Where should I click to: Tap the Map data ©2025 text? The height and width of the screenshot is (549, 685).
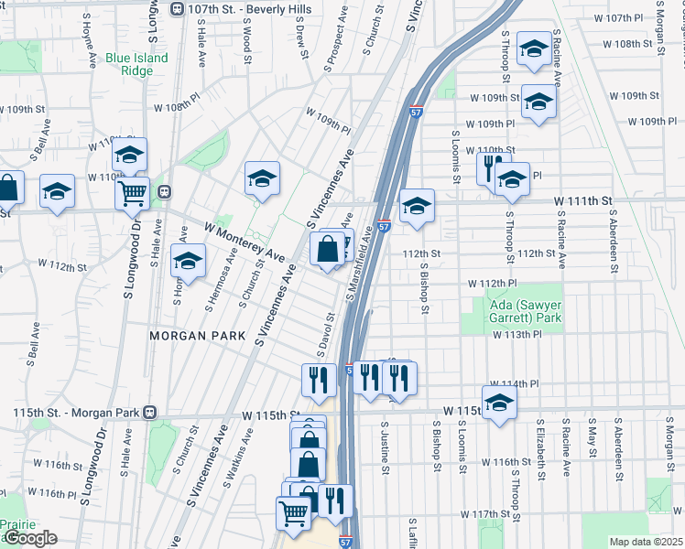tap(646, 542)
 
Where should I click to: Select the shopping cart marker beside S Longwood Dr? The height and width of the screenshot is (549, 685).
tap(133, 192)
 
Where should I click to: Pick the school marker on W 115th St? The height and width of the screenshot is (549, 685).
tap(499, 402)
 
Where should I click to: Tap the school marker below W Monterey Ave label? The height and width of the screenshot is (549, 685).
tap(189, 262)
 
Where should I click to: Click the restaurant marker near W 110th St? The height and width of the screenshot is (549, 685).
tap(490, 167)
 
